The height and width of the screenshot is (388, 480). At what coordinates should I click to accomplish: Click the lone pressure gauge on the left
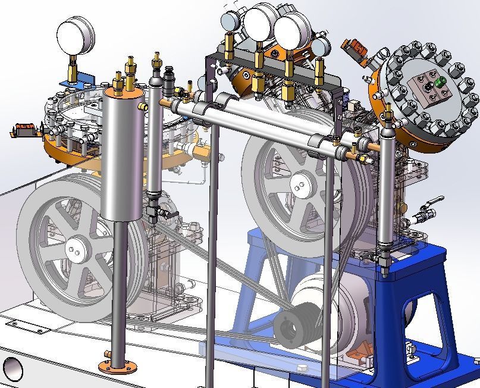[76, 35]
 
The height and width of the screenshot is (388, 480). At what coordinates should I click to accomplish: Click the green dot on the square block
[441, 82]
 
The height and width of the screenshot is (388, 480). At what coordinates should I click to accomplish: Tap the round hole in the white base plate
[12, 369]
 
